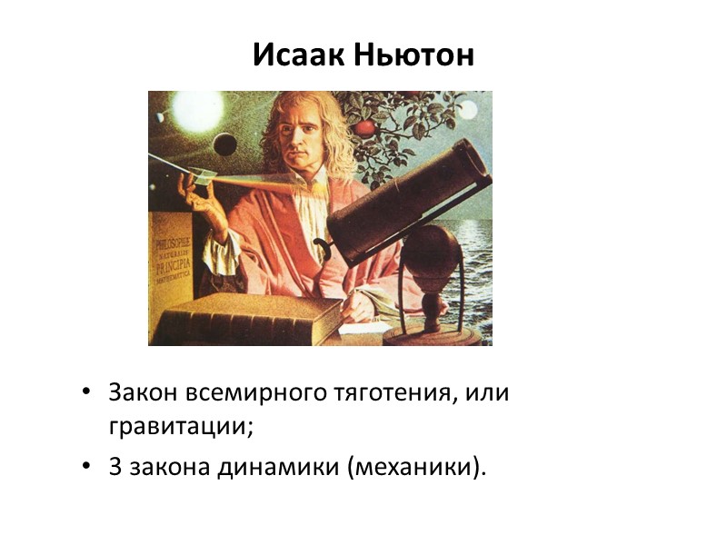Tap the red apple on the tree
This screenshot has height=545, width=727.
point(364,127)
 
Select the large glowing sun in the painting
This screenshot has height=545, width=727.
point(197,111)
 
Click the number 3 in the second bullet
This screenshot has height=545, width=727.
point(115,467)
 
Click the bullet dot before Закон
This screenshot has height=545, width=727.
point(86,393)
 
